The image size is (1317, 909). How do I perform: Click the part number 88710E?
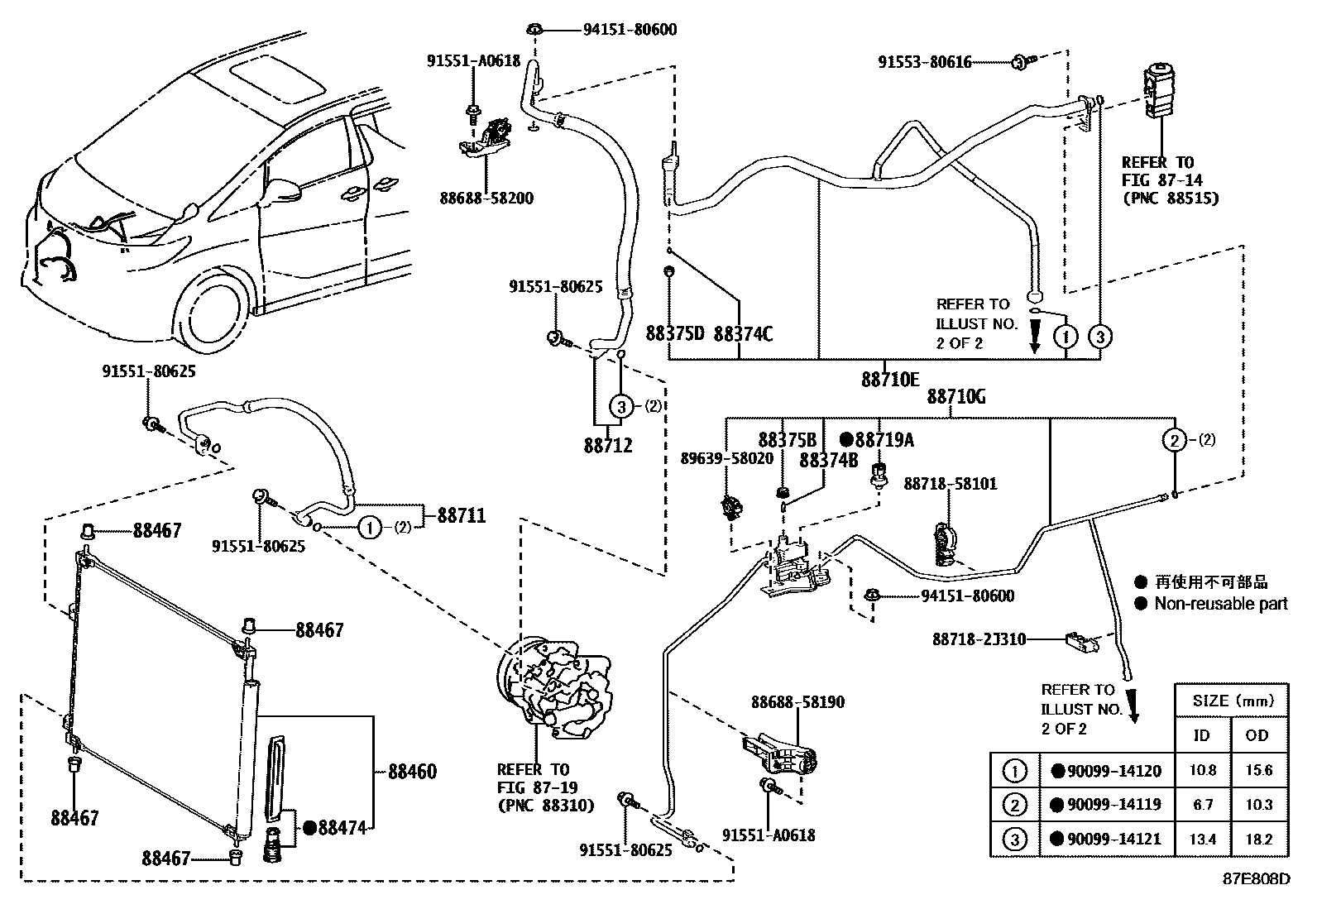coord(889,380)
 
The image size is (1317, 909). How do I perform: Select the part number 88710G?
coord(955,397)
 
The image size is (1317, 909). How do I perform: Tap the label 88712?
coord(607,446)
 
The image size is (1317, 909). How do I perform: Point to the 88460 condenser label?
coord(412,773)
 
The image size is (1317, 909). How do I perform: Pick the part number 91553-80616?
coord(925,62)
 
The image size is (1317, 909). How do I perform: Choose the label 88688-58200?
coord(486,199)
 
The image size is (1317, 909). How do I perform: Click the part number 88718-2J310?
coord(979,639)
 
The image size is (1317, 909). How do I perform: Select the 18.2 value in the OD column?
coord(1258,840)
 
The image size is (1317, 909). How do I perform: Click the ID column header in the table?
coord(1201,735)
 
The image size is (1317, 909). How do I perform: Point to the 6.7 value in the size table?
coord(1202,805)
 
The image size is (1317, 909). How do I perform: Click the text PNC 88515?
coord(1170,199)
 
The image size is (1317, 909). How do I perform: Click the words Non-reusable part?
coord(1221,604)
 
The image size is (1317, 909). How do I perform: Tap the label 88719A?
coord(884,440)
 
